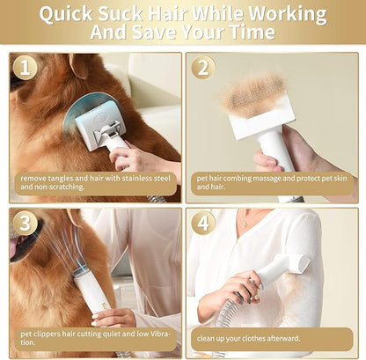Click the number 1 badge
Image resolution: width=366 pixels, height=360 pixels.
tap(25, 68)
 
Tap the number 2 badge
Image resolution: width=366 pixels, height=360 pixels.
tap(203, 68)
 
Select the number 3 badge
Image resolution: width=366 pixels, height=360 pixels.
tap(25, 224)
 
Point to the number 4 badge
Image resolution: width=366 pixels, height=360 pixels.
tap(203, 224)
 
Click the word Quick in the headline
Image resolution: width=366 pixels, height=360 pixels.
tap(66, 14)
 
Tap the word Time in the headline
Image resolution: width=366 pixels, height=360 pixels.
tap(253, 32)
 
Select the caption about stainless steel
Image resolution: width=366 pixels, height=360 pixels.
tap(96, 183)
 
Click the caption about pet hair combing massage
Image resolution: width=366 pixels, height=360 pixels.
tap(272, 182)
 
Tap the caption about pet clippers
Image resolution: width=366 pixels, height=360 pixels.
tap(95, 338)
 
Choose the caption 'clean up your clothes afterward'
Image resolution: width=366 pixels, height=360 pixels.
tap(249, 338)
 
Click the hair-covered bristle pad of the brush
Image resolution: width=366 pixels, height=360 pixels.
tap(253, 95)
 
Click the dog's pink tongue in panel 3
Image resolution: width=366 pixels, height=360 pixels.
tap(14, 249)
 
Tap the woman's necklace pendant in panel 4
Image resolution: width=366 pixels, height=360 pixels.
tap(245, 225)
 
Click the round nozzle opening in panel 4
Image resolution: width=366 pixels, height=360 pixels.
tap(302, 262)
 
